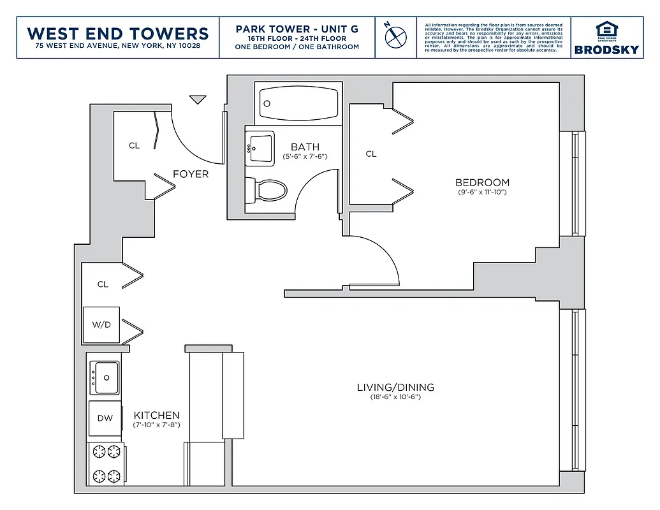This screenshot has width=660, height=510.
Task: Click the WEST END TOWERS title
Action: [x=119, y=33]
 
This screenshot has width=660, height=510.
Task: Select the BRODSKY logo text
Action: [x=606, y=49]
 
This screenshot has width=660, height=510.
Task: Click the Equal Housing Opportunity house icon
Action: [x=606, y=29]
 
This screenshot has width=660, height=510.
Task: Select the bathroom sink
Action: [x=260, y=149]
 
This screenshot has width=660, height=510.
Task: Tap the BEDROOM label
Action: [x=482, y=182]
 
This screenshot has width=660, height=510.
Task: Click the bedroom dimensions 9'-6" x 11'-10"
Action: [x=482, y=192]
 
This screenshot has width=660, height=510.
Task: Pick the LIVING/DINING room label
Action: [x=395, y=387]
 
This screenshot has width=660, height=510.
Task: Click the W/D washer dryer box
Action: [x=101, y=324]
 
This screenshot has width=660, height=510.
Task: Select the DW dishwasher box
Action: [x=105, y=418]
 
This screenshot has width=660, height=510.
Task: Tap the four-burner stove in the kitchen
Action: [x=106, y=464]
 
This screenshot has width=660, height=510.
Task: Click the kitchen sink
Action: [x=105, y=377]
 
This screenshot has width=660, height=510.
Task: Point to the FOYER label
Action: [x=191, y=174]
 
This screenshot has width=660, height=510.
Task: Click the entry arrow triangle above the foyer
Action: [x=198, y=99]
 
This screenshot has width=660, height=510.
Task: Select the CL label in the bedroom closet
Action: [x=371, y=154]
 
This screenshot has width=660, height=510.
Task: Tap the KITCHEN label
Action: [x=156, y=415]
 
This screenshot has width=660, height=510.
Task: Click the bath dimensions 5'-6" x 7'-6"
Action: [x=305, y=156]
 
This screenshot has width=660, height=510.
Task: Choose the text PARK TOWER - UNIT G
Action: [x=297, y=29]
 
